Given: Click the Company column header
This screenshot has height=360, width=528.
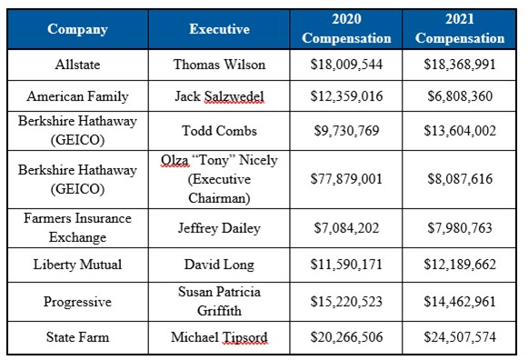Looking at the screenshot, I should click(x=77, y=29).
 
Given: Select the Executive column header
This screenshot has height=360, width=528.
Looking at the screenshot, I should click(x=219, y=29).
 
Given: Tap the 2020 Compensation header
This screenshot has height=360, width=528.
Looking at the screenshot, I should click(x=346, y=29).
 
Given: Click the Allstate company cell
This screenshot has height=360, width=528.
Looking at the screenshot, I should click(x=77, y=65).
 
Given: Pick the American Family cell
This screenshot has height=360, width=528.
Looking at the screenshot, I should click(x=77, y=95).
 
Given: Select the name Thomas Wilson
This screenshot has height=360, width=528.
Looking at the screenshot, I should click(x=219, y=65).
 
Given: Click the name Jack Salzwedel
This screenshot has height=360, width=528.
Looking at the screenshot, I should click(x=219, y=95).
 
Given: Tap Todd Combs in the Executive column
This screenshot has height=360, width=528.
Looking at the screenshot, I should click(x=219, y=130).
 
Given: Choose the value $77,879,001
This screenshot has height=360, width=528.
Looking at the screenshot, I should click(x=346, y=179).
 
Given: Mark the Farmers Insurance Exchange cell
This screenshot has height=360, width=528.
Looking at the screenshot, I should click(x=77, y=228).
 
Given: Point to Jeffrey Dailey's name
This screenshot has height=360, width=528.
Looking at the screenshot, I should click(x=219, y=228).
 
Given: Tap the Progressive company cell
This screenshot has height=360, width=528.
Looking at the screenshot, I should click(x=77, y=301).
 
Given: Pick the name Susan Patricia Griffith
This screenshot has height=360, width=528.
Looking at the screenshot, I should click(x=219, y=301).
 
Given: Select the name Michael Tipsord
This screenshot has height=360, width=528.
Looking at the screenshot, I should click(x=219, y=337).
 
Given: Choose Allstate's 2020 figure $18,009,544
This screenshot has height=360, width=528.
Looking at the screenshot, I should click(x=346, y=65).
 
